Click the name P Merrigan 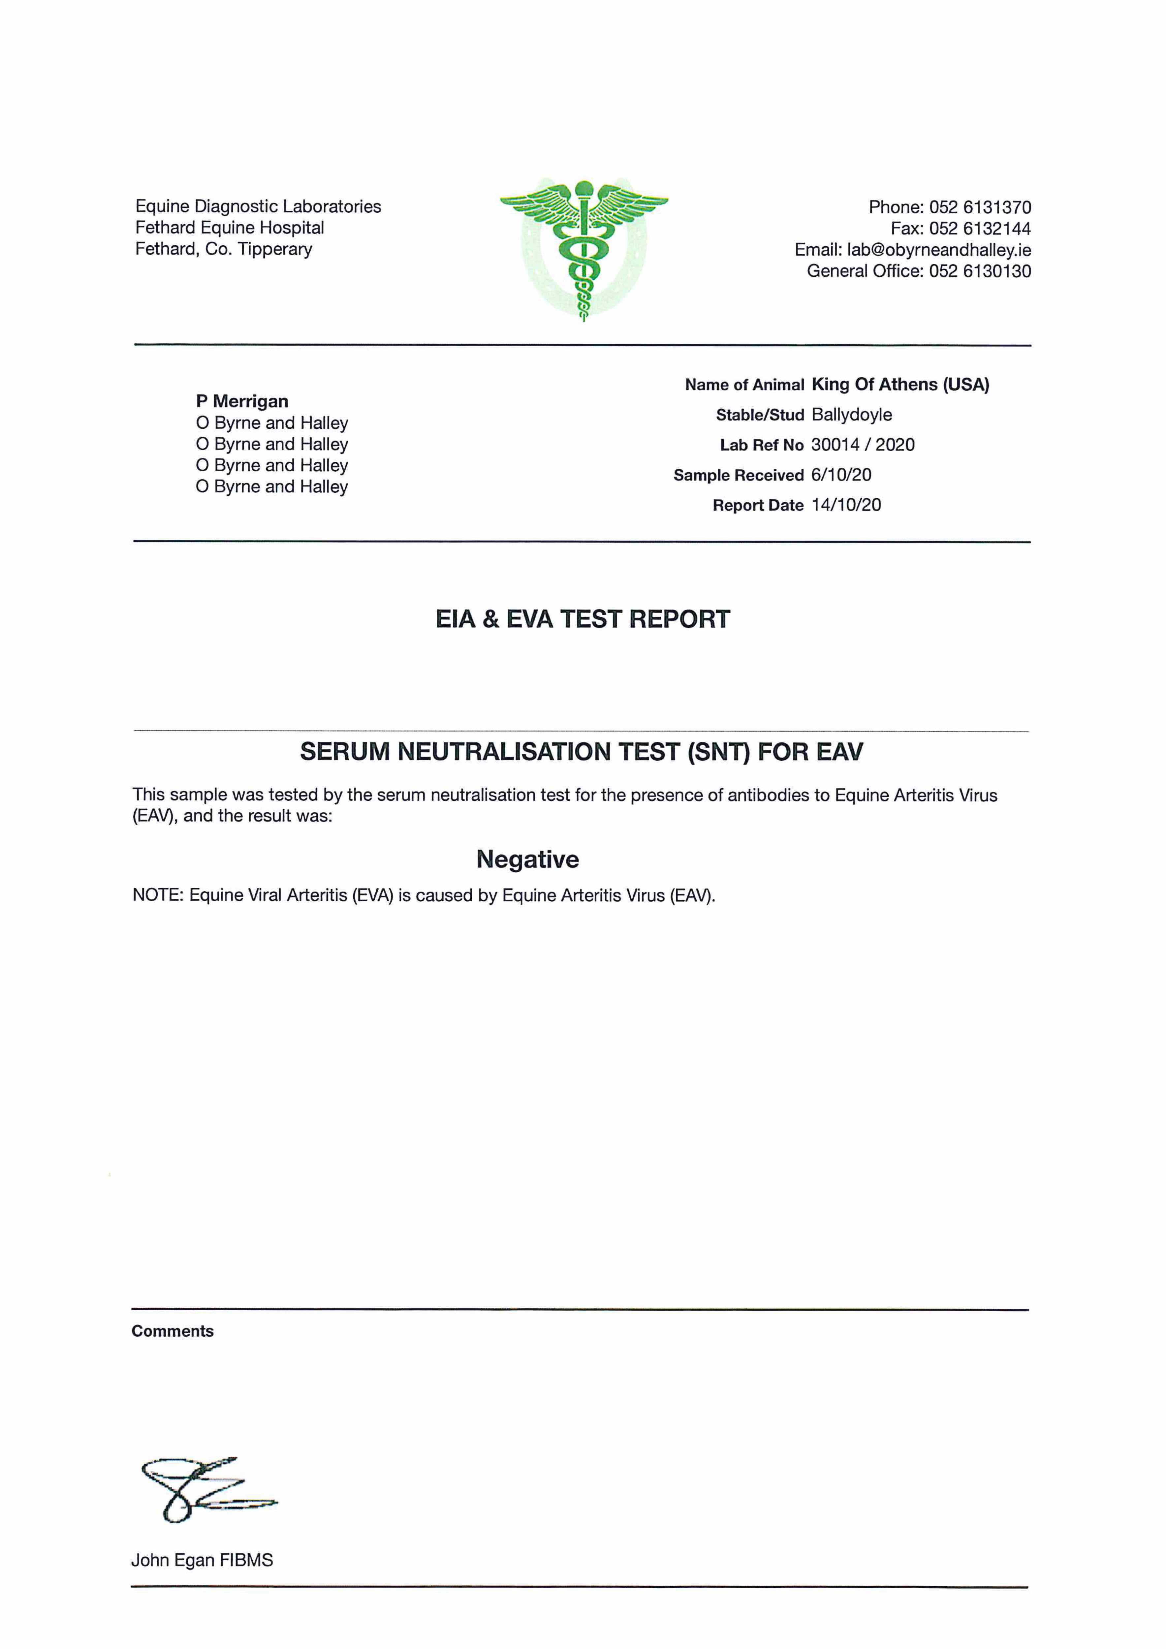tap(242, 401)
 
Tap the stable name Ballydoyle tap(851, 415)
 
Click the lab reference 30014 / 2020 tap(862, 445)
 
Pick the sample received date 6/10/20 tap(840, 476)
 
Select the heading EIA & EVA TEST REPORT tap(583, 619)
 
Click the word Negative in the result tap(527, 860)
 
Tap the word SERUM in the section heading tap(345, 752)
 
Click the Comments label tap(173, 1331)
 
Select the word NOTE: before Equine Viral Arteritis tap(158, 896)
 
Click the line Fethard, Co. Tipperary tap(223, 249)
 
